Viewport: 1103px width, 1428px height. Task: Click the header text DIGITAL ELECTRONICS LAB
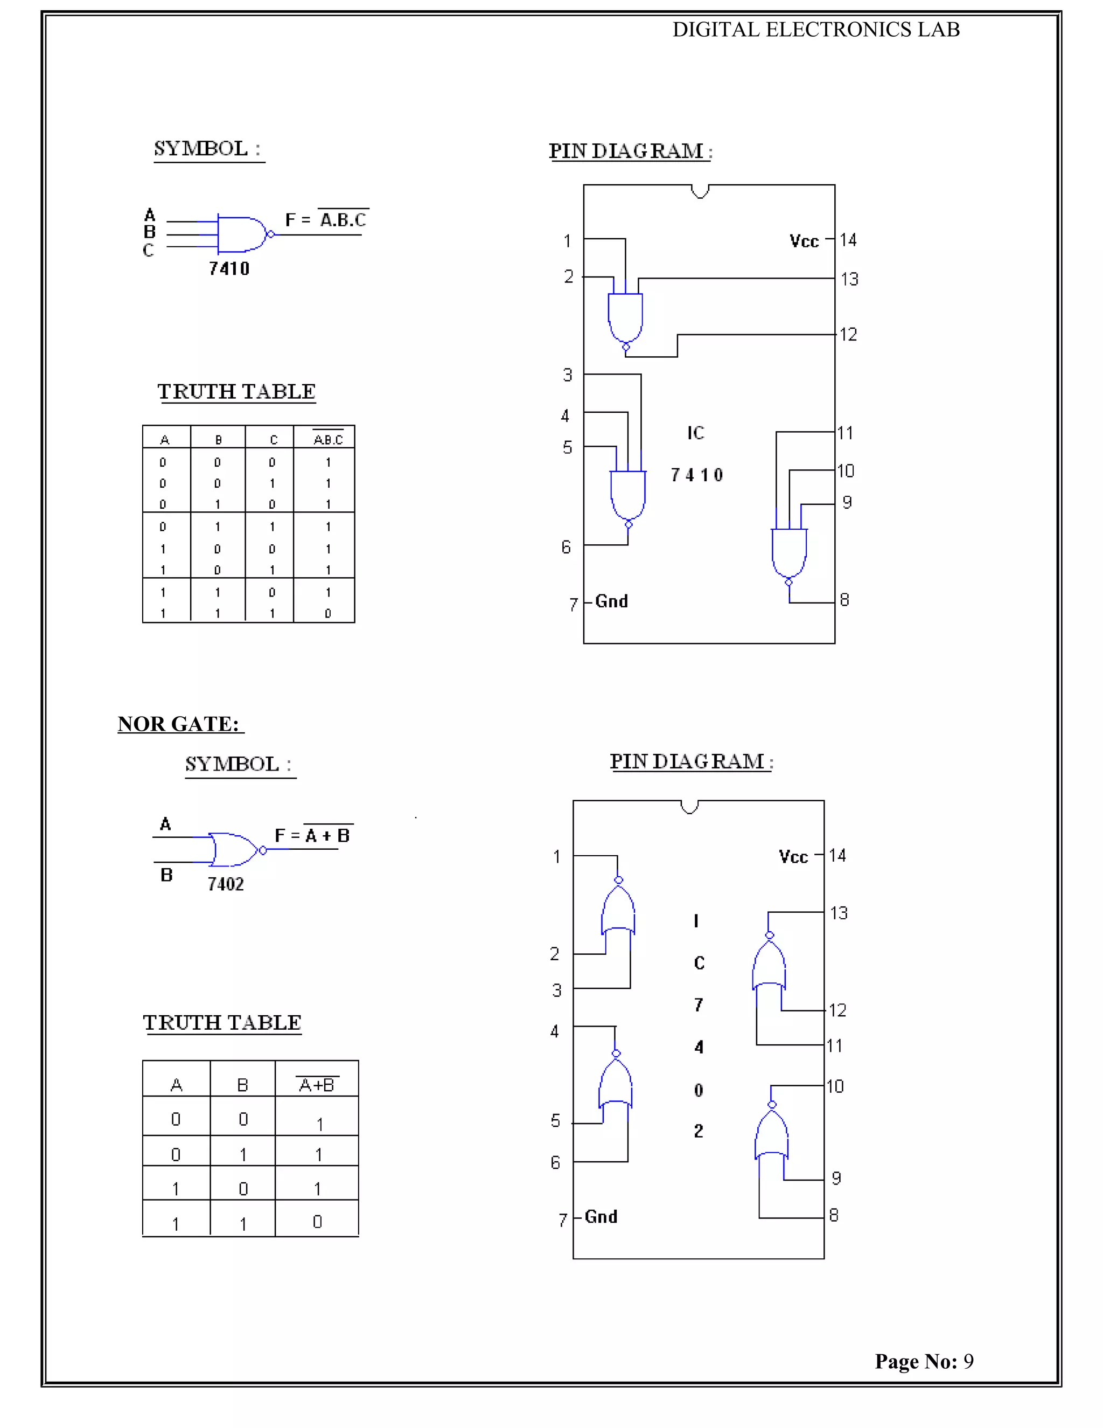coord(815,30)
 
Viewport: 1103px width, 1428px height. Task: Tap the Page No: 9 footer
coord(924,1361)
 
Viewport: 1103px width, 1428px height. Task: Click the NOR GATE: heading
coord(178,724)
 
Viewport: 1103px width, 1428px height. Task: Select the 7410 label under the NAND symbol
coord(229,269)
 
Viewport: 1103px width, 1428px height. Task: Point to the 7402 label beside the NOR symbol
coord(226,884)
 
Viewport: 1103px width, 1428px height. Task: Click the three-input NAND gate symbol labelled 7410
coord(242,234)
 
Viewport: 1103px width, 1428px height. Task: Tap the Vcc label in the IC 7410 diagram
coord(804,241)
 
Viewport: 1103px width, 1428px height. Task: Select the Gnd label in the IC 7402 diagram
coord(601,1217)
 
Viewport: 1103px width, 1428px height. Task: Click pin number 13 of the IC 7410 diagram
coord(849,279)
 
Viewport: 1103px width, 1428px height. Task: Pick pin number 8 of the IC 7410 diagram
coord(844,600)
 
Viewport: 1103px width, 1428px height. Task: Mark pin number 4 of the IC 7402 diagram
coord(555,1032)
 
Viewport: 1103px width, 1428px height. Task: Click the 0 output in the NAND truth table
coord(328,613)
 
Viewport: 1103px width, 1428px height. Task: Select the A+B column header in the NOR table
coord(317,1085)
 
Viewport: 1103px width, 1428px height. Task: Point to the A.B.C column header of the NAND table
coord(328,439)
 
